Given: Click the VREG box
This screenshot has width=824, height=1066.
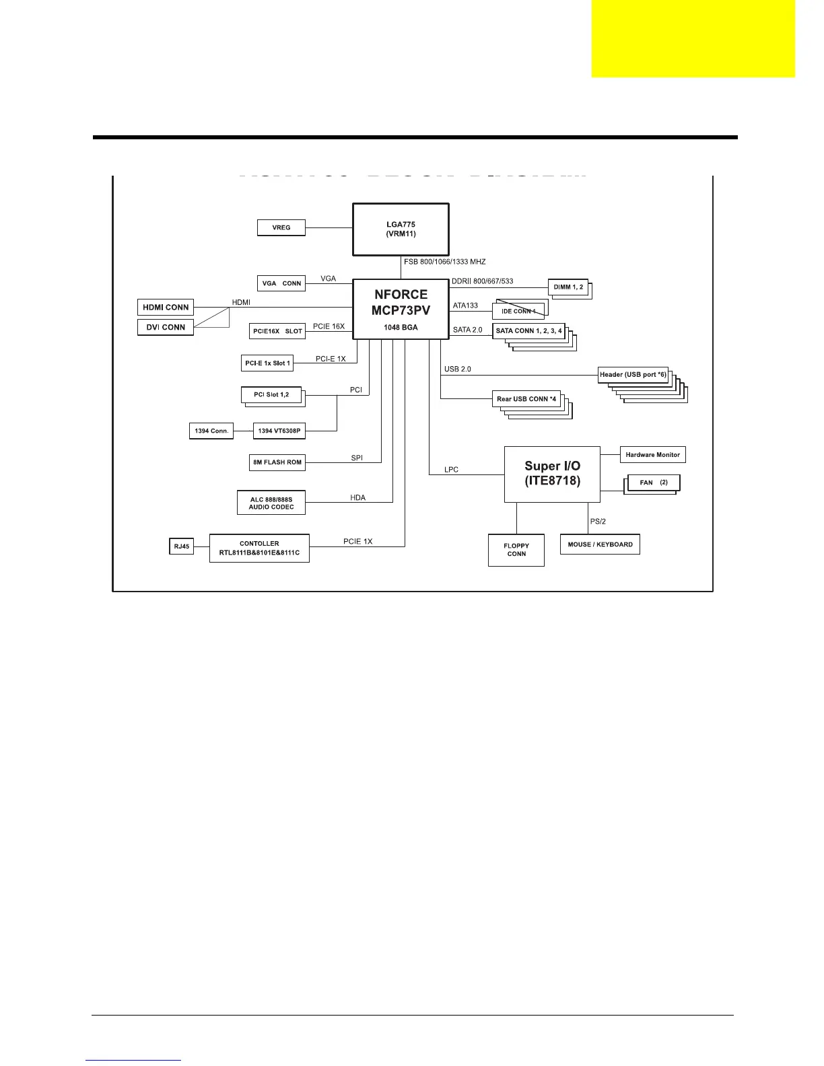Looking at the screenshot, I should click(281, 227).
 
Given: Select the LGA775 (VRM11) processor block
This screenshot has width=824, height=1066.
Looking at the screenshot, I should click(401, 229).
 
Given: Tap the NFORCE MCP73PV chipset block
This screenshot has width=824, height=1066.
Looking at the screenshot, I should click(401, 309).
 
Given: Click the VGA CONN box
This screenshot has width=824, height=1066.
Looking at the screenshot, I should click(281, 283).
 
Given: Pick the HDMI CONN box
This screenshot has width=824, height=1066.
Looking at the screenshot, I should click(166, 308).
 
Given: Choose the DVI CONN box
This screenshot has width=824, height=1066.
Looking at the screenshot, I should click(166, 327).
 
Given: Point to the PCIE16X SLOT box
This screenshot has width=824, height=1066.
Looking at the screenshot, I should click(277, 331).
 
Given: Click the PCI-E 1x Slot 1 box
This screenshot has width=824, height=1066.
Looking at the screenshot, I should click(267, 363).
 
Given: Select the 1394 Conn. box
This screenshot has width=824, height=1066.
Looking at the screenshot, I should click(211, 431).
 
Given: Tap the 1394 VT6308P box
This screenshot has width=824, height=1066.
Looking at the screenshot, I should click(279, 431).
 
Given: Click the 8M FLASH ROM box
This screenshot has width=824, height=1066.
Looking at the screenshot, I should click(277, 462).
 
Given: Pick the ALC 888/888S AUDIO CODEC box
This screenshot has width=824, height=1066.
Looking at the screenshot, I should click(271, 503).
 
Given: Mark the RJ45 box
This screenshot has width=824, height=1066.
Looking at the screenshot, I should click(181, 546).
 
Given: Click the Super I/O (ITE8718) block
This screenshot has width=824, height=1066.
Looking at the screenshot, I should click(552, 474).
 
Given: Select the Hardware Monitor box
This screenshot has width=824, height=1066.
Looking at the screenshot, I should click(652, 455).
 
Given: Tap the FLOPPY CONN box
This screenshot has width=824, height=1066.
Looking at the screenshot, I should click(516, 550).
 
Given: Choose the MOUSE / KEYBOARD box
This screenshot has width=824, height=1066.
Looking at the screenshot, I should click(600, 544).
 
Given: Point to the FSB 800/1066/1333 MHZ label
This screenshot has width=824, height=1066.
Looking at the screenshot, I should click(444, 262).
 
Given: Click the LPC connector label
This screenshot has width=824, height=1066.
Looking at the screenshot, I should click(451, 470).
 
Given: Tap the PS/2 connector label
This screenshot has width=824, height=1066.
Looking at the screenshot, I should click(598, 522).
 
